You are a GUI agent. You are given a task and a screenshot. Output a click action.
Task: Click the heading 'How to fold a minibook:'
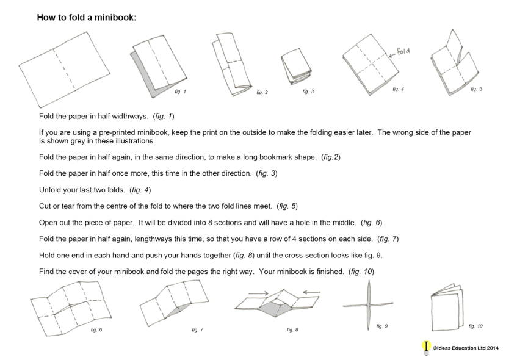coord(86,18)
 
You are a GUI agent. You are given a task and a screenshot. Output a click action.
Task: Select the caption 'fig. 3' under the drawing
coord(308,92)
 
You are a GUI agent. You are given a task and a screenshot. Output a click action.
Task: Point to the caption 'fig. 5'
coord(476,89)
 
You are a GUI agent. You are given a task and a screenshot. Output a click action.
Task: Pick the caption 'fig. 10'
coord(475,326)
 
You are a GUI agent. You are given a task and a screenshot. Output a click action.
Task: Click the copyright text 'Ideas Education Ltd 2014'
coord(466,348)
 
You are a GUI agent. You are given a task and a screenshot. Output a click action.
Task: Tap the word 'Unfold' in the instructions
coord(50,190)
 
